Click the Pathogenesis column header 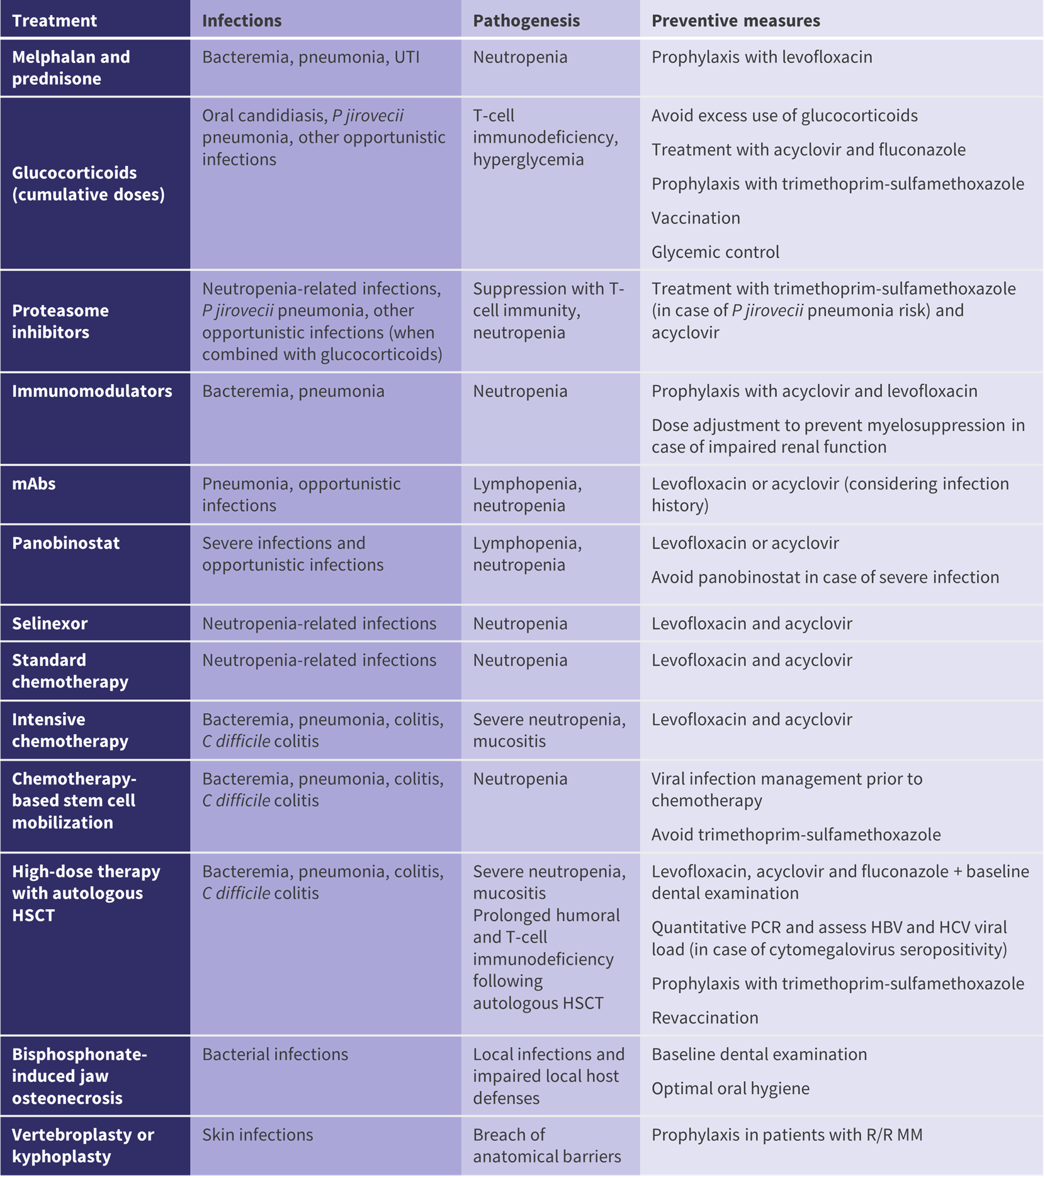point(526,21)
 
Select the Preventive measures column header point(735,21)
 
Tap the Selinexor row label point(50,624)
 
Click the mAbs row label point(34,484)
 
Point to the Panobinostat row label point(65,543)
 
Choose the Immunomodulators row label point(92,391)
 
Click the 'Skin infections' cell point(257,1135)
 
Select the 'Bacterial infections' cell point(274,1054)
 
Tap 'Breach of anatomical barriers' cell point(546,1145)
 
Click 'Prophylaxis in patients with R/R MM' point(787,1135)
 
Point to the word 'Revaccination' point(704,1018)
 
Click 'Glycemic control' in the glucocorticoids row point(715,252)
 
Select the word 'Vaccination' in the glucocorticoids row point(696,218)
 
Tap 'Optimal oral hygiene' point(730,1088)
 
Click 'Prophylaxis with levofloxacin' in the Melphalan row point(762,57)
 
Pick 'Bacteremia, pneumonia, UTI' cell point(310,57)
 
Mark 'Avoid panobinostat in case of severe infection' point(825,577)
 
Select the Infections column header point(242,21)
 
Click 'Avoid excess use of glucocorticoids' point(784,116)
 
